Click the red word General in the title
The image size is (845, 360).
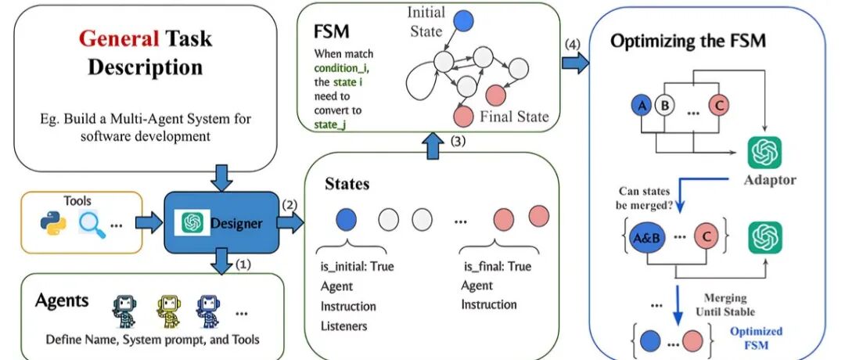pyautogui.click(x=119, y=39)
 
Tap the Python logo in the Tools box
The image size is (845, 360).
pyautogui.click(x=53, y=223)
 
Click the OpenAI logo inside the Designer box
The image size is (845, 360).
pyautogui.click(x=192, y=222)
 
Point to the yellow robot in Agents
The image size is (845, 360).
pyautogui.click(x=168, y=311)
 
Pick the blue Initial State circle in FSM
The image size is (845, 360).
pyautogui.click(x=463, y=21)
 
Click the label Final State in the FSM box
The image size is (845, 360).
pyautogui.click(x=514, y=116)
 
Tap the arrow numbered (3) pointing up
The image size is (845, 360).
pyautogui.click(x=432, y=146)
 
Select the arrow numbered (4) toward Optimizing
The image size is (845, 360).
pyautogui.click(x=575, y=63)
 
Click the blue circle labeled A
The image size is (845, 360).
pyautogui.click(x=642, y=106)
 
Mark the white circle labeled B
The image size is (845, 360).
pyautogui.click(x=664, y=106)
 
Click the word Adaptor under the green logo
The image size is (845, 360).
pyautogui.click(x=770, y=180)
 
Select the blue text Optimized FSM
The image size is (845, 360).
pyautogui.click(x=756, y=337)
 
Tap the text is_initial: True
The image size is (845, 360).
pyautogui.click(x=354, y=266)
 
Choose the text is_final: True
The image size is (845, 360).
pyautogui.click(x=497, y=266)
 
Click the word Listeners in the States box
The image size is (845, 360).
pyautogui.click(x=343, y=326)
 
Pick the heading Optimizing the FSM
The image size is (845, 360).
pyautogui.click(x=688, y=41)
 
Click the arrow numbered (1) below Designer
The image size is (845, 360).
pyautogui.click(x=221, y=261)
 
